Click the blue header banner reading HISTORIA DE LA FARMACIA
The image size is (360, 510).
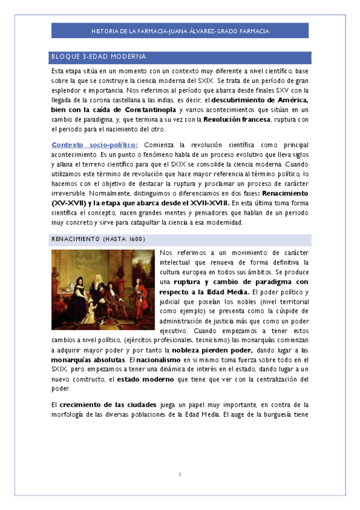tap(180, 31)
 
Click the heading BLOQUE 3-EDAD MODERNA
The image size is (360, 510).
tap(99, 57)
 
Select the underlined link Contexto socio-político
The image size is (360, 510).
tap(95, 145)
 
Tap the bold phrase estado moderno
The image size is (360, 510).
tap(145, 379)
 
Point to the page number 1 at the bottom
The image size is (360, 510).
tap(180, 475)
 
